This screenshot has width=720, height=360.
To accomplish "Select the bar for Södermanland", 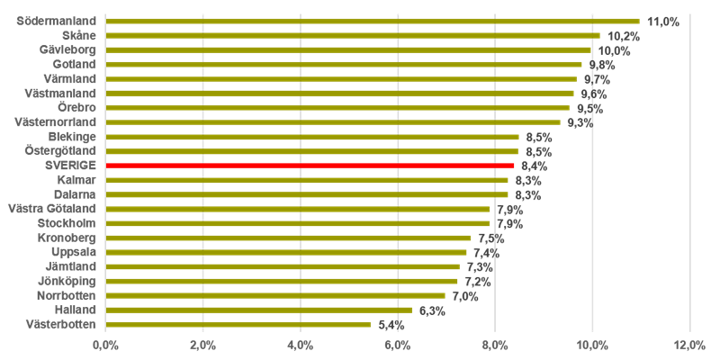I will pos(373,21).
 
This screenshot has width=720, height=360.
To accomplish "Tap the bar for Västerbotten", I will pos(238,324).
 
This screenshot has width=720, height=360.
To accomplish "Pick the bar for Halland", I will pos(259,310).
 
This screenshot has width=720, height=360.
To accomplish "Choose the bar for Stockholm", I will pos(298,223).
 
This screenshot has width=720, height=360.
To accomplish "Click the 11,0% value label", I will pos(663,22).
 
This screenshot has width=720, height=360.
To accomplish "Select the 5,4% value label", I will pos(390,324).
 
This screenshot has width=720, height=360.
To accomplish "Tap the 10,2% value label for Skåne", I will pos(623,36).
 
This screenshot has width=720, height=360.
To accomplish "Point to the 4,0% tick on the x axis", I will pos(300,345).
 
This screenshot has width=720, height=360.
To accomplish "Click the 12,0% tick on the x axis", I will pos(689,345).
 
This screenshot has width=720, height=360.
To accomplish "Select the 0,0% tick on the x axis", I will pos(105,345).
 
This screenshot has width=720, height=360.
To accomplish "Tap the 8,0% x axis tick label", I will pos(494,345).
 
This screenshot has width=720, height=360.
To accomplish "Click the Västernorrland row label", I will pos(55,121).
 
